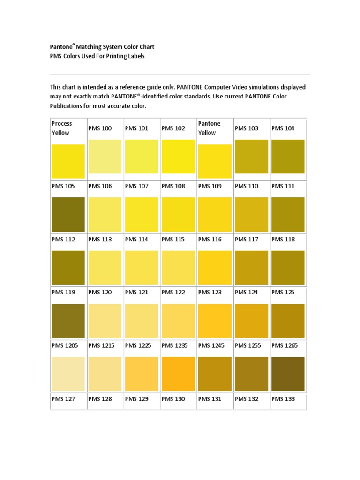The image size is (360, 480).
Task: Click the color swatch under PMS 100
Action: (x=105, y=157)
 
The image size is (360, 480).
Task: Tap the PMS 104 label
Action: (x=283, y=128)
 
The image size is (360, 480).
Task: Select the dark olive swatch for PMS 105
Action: (x=68, y=214)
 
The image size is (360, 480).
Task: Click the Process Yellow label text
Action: (x=62, y=128)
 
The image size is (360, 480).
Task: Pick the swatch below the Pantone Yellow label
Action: (x=215, y=161)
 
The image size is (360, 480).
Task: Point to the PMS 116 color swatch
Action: (x=215, y=268)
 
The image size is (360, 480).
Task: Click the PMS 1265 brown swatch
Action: (x=288, y=374)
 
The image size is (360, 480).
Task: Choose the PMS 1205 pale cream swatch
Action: (x=68, y=374)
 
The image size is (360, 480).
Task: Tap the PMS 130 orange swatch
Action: (x=178, y=374)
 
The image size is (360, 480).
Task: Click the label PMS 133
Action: (x=283, y=399)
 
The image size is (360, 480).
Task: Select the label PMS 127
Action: (x=63, y=399)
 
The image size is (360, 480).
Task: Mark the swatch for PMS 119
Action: (x=68, y=321)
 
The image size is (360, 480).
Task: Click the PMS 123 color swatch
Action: (x=215, y=321)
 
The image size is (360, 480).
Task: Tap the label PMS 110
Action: (x=246, y=186)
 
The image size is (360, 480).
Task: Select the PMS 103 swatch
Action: (x=251, y=157)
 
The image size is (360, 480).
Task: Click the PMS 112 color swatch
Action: (x=68, y=268)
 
